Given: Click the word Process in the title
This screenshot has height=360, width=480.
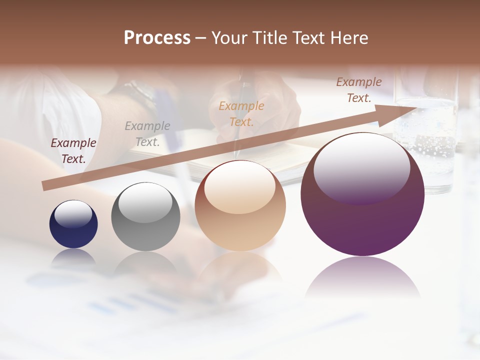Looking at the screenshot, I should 157,38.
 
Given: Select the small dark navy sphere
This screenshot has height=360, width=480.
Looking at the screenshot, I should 73,224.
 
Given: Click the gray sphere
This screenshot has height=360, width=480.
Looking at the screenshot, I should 145,217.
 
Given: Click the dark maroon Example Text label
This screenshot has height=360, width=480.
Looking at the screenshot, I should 73,150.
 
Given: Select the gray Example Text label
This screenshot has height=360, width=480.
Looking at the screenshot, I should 147,133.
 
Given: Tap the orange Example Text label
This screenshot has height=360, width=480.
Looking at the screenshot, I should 241,113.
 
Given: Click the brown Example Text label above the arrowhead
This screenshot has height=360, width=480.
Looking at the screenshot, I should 359,90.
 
